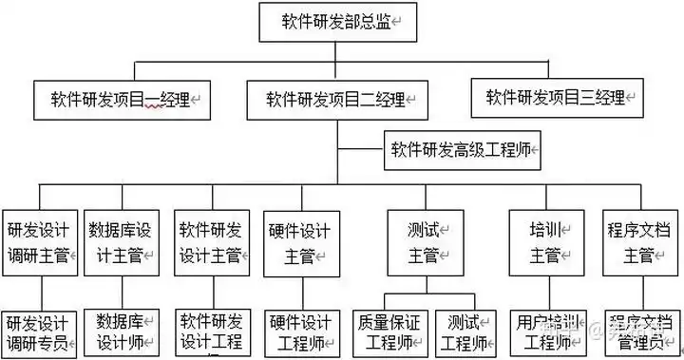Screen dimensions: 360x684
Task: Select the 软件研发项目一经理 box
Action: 121,99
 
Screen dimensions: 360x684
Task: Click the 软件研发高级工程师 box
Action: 463,149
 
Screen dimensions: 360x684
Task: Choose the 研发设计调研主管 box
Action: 38,242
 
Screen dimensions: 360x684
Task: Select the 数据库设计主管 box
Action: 120,242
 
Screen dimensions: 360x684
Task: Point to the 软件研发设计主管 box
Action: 210,242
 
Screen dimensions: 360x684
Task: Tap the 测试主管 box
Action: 425,242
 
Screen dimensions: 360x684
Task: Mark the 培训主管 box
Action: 545,242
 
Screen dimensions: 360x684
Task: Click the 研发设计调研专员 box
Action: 38,332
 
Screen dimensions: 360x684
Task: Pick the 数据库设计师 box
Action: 121,332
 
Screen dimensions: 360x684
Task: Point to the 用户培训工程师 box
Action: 545,332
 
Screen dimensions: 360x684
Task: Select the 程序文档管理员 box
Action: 639,332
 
